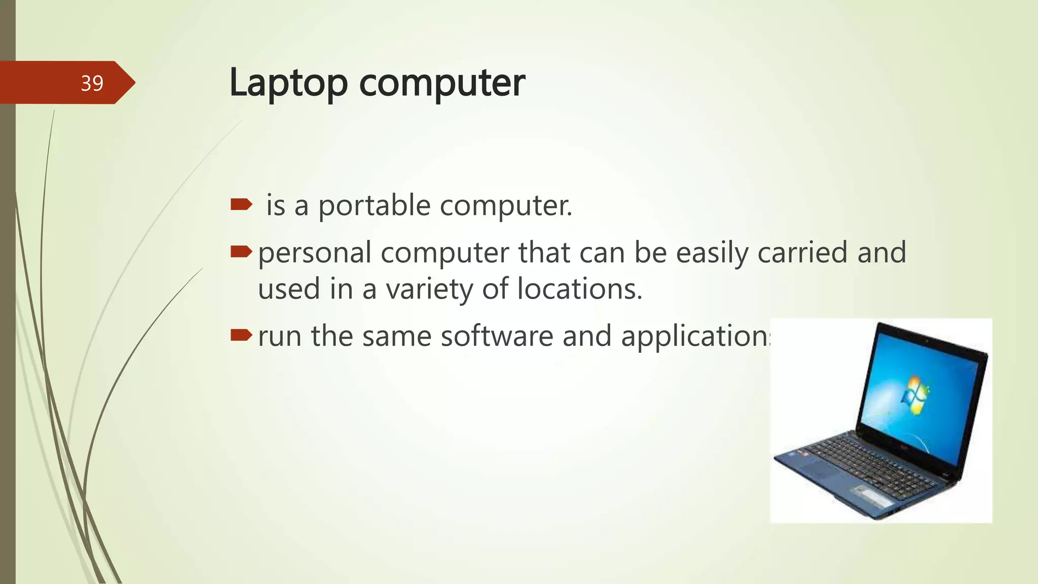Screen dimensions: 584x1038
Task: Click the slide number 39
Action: click(x=92, y=83)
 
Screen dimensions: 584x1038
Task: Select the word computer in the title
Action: click(x=442, y=83)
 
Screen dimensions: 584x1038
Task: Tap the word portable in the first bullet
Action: click(x=374, y=206)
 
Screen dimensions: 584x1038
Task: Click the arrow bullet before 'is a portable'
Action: click(x=241, y=204)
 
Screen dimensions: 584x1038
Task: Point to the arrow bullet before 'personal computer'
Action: click(x=241, y=251)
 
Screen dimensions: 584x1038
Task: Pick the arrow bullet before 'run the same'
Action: click(x=241, y=335)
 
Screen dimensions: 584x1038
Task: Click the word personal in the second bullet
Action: click(x=314, y=253)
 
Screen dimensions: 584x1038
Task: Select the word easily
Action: click(x=712, y=253)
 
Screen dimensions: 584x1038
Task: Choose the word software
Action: click(x=497, y=336)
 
